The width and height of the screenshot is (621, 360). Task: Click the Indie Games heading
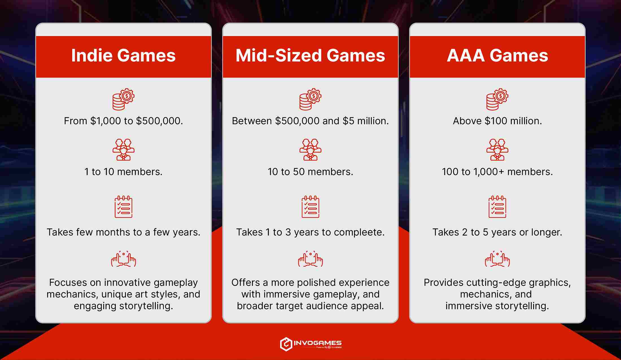point(123,55)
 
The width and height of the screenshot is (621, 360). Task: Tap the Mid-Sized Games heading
point(310,55)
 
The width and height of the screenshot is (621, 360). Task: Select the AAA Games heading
point(497,55)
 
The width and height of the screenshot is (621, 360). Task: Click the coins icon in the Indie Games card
point(123,99)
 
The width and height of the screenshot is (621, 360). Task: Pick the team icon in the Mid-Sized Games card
point(310,150)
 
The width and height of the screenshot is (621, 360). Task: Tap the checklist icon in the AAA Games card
point(497,207)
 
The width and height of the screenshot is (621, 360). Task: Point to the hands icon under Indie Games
point(123,259)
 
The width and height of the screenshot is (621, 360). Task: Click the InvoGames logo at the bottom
point(310,344)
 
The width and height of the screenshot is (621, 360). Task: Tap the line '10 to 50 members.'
point(310,172)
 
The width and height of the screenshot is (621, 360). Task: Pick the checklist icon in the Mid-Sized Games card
point(310,207)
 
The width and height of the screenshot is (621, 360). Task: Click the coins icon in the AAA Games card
point(497,99)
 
